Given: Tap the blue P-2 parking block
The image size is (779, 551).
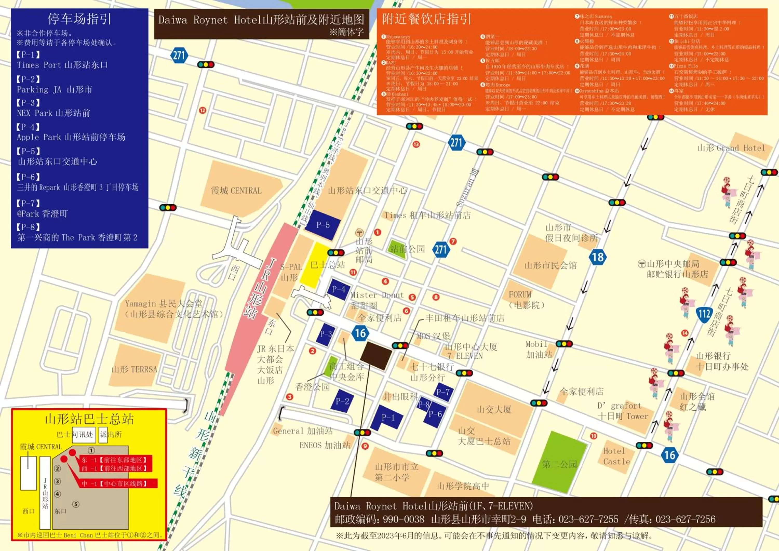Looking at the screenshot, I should pyautogui.click(x=342, y=401).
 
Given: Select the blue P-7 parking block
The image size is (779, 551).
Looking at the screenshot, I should pyautogui.click(x=443, y=392).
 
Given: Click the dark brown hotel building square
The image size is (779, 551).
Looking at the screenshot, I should pyautogui.click(x=375, y=355).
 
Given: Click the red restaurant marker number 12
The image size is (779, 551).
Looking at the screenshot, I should pyautogui.click(x=203, y=110).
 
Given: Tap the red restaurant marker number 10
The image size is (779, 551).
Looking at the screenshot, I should pyautogui.click(x=593, y=436).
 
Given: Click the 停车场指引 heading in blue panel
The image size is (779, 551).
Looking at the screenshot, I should pyautogui.click(x=79, y=19).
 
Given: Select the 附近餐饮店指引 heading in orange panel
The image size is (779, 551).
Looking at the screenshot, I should pyautogui.click(x=426, y=19).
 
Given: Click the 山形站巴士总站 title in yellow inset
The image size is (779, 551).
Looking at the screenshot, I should pyautogui.click(x=89, y=419).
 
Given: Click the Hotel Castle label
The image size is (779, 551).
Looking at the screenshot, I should pyautogui.click(x=616, y=456).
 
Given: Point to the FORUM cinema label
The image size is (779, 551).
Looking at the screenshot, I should pyautogui.click(x=520, y=294).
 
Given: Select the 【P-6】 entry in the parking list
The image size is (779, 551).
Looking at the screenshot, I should pyautogui.click(x=28, y=177).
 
